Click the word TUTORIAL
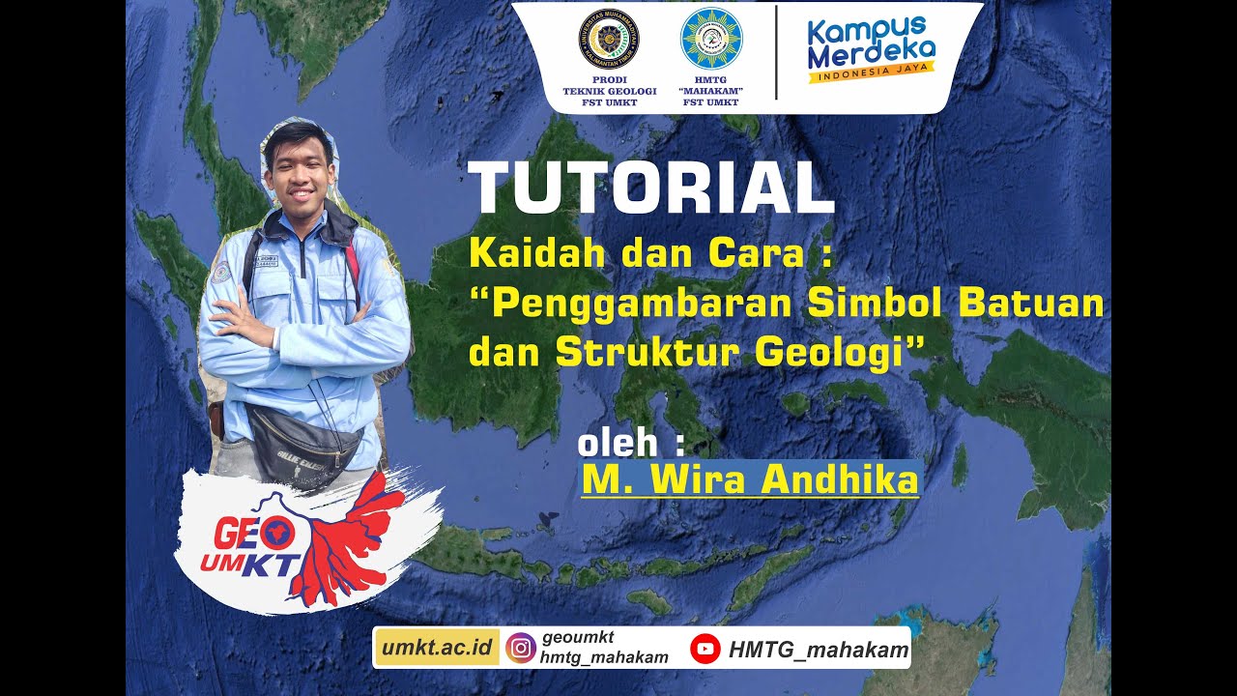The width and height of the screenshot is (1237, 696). point(649,188)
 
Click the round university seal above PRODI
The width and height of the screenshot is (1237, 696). point(609,38)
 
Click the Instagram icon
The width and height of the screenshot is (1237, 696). point(521,648)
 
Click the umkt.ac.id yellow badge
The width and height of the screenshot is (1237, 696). point(437,648)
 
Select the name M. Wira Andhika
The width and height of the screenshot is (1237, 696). point(750,479)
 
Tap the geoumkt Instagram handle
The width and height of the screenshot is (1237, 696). point(578,637)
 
